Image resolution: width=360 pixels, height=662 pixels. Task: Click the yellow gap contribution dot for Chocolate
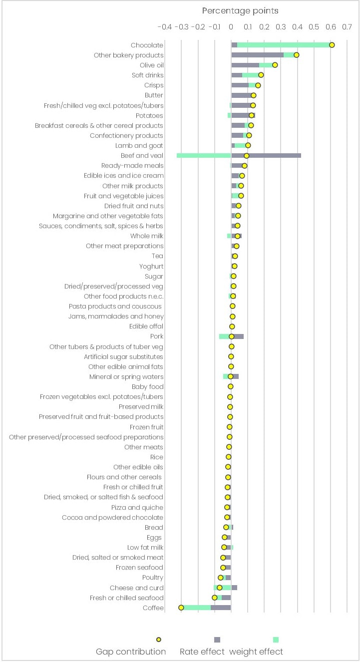tap(332, 45)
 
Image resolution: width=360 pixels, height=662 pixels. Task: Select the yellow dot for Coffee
tap(181, 608)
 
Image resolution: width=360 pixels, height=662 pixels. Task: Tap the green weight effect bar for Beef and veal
tap(204, 155)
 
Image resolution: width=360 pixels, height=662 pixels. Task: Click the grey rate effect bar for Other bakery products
tap(257, 55)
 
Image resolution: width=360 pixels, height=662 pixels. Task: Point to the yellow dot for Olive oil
tap(275, 65)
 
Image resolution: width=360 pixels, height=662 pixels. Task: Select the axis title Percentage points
tap(240, 10)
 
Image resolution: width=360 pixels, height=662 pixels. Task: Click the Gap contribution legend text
tap(131, 652)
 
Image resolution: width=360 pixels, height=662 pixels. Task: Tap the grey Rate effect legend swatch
tap(217, 640)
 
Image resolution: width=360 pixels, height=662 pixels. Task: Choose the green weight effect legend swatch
tap(276, 640)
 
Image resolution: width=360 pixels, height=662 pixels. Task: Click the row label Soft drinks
tap(147, 75)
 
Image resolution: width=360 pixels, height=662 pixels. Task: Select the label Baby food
tap(147, 387)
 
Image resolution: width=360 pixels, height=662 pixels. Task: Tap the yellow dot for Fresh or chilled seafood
tap(215, 598)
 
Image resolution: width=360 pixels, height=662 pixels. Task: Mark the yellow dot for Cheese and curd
tap(219, 588)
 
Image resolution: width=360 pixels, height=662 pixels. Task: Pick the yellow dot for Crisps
tap(258, 85)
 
